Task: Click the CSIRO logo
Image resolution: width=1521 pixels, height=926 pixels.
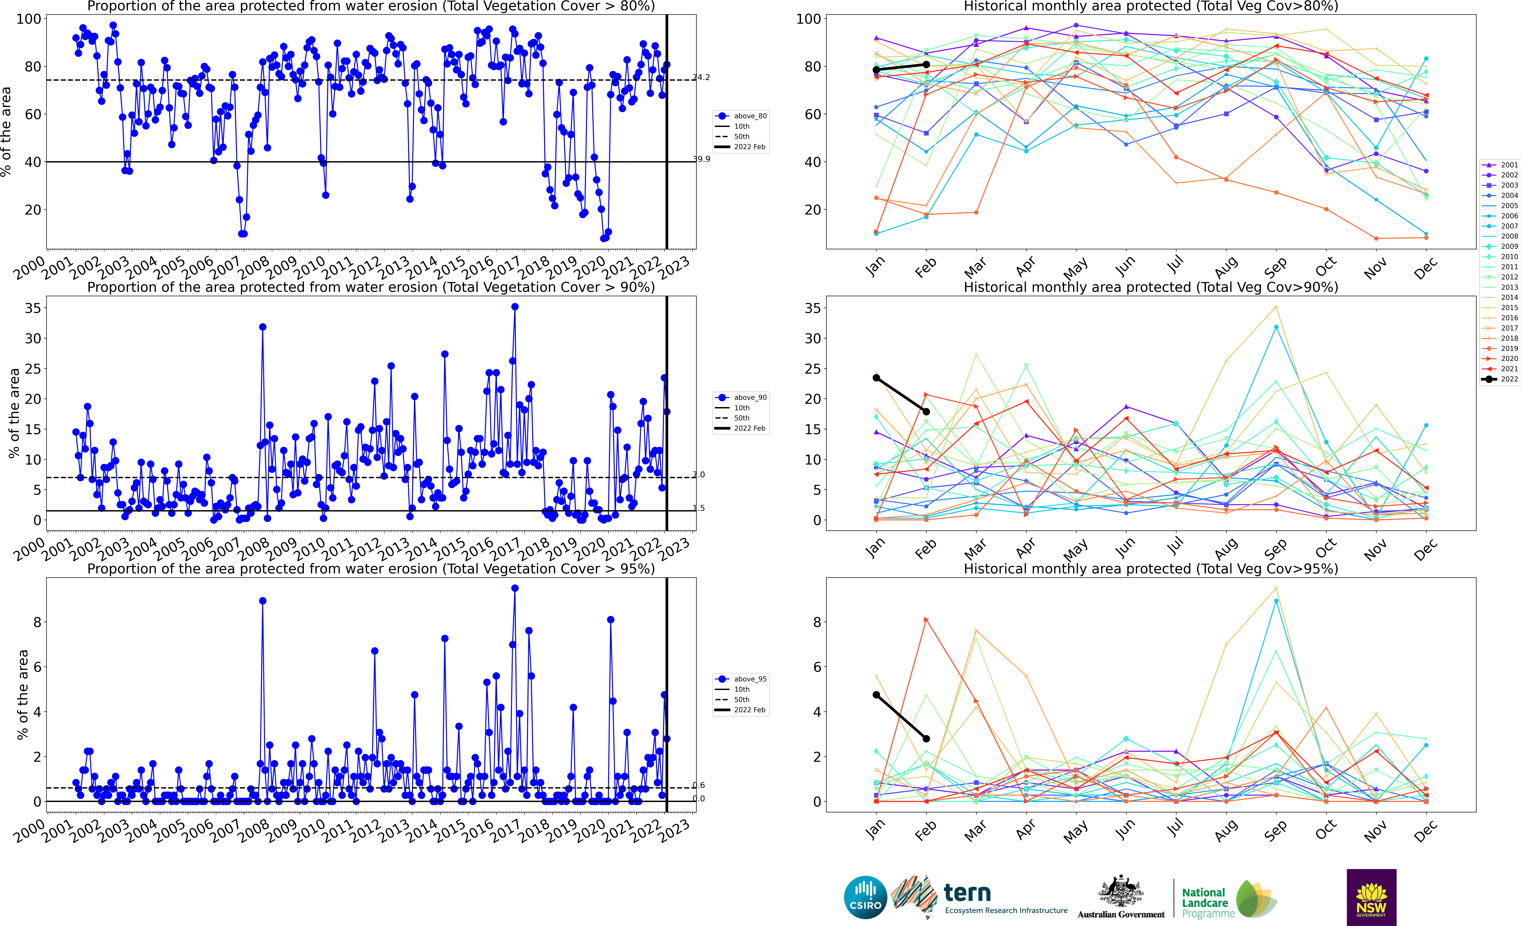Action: point(865,897)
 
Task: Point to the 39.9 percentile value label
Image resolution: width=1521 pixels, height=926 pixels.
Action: point(701,159)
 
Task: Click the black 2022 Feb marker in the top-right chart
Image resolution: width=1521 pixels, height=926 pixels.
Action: point(926,64)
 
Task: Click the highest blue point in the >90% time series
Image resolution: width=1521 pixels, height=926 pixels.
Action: point(515,307)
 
